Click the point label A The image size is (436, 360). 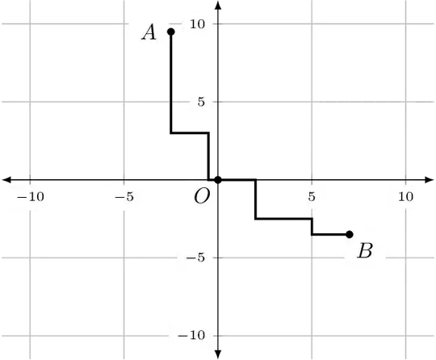(149, 32)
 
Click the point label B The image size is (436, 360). (365, 250)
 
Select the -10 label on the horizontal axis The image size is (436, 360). (31, 196)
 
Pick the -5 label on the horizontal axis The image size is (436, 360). (124, 196)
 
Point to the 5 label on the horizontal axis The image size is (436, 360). (312, 196)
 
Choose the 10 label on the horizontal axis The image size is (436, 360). (405, 196)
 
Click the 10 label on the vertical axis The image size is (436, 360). (197, 24)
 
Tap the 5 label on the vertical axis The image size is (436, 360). (200, 103)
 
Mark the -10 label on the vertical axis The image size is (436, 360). (191, 335)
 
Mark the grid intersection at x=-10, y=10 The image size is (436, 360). (31, 25)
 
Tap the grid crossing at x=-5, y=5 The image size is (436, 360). (124, 103)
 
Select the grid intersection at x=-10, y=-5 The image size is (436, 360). (31, 258)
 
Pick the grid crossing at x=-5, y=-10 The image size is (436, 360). (124, 335)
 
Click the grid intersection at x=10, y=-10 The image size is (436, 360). (405, 335)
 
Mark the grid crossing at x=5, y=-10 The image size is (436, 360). (312, 335)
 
